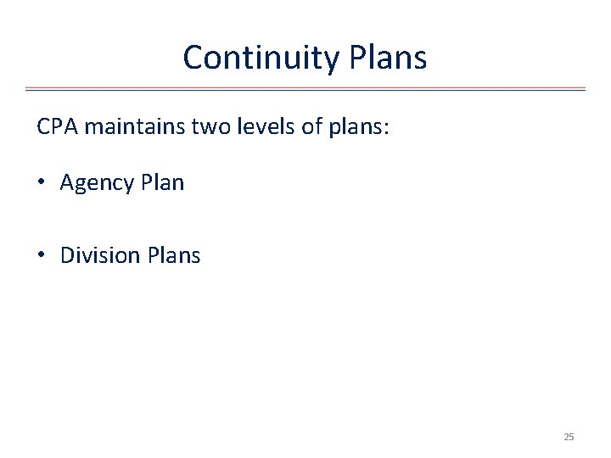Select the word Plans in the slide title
[x=386, y=58]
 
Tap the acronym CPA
[x=58, y=127]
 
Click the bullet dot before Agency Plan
[x=42, y=183]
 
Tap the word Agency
[x=97, y=183]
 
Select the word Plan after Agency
[x=162, y=182]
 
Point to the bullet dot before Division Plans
[x=42, y=256]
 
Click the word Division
[x=100, y=255]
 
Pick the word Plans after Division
[x=174, y=255]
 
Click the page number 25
[x=569, y=437]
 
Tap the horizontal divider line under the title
[x=305, y=88]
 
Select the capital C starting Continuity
[x=193, y=58]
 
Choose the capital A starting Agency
[x=67, y=182]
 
